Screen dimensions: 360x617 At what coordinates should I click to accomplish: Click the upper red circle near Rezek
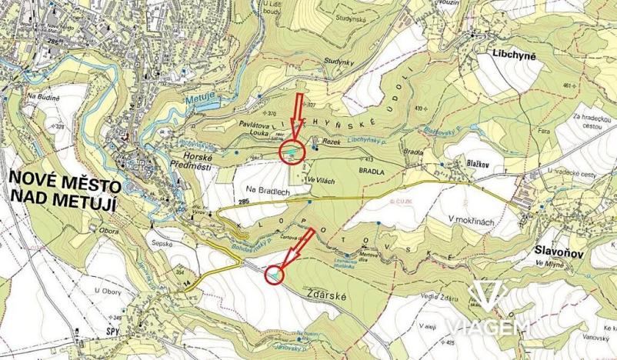292,152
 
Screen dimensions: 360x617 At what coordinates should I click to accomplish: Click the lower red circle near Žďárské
273,273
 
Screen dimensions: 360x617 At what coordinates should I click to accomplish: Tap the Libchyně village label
516,55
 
